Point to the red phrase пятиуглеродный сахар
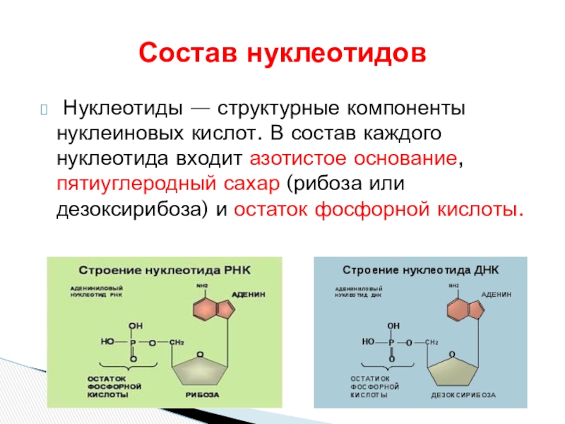click(169, 184)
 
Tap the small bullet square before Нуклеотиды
click(44, 110)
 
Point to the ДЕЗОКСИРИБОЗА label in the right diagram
click(463, 394)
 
